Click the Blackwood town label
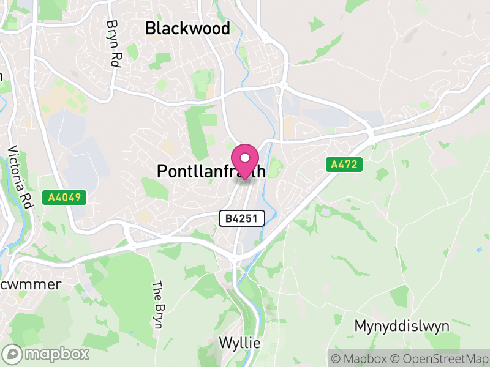(x=187, y=29)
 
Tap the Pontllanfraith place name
(x=211, y=171)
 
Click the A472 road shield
(x=344, y=165)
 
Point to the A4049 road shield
(x=64, y=198)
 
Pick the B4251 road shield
(x=242, y=218)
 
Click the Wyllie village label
(x=239, y=343)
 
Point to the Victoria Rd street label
(x=19, y=177)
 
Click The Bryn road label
(x=157, y=305)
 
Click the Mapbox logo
(x=47, y=354)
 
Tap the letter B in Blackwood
(x=150, y=29)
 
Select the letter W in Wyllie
(x=225, y=343)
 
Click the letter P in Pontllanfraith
(x=162, y=171)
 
